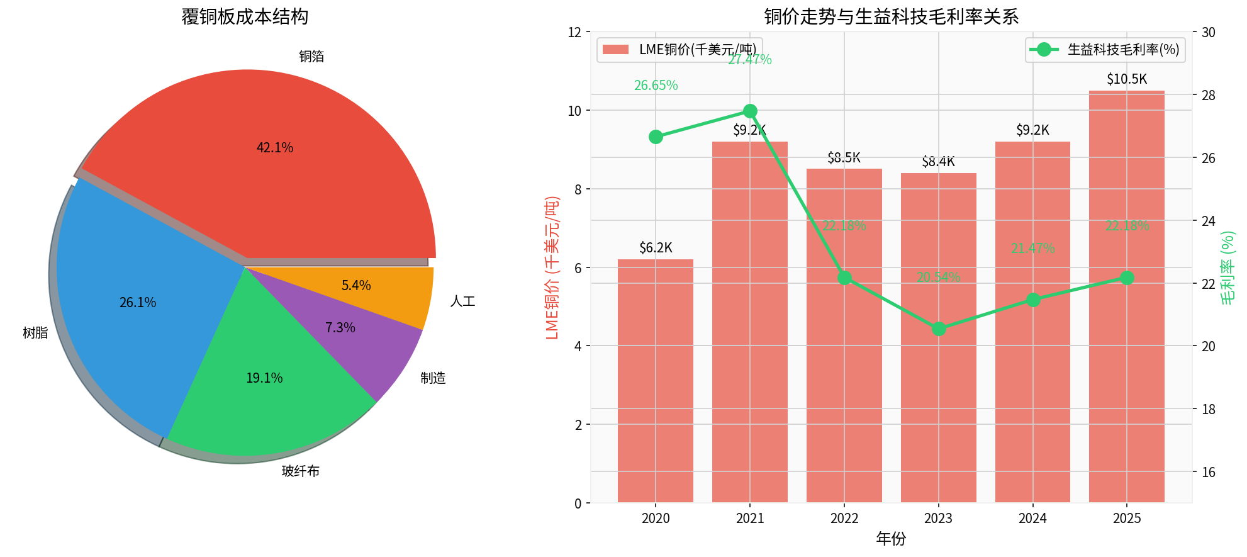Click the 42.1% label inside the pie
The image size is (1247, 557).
(275, 148)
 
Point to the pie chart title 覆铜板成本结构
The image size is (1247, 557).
(245, 17)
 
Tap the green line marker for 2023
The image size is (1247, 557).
(939, 329)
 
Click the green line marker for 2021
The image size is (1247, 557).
(750, 111)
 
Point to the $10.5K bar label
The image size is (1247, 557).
(1127, 79)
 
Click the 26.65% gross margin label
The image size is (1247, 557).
(656, 86)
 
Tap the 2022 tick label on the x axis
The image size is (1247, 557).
(844, 519)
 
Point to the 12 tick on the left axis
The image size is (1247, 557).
(574, 32)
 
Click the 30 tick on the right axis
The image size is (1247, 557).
(1208, 32)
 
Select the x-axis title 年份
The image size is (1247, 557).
(891, 539)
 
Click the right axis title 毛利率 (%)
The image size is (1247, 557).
(1227, 267)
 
